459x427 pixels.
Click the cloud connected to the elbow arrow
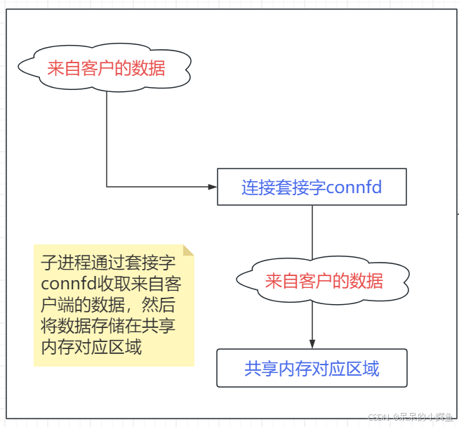tap(106, 68)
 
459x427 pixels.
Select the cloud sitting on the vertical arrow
tap(324, 281)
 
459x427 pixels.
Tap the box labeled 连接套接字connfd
tap(312, 187)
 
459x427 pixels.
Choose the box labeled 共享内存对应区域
tap(312, 368)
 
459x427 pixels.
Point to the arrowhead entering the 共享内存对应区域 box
tap(312, 343)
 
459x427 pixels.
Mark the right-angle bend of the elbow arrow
tap(107, 187)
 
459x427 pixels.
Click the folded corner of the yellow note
tap(188, 251)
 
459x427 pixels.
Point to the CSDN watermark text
tap(383, 417)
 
